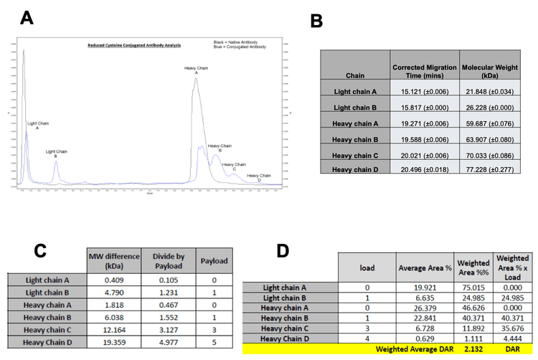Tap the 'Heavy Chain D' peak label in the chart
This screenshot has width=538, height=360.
[259, 176]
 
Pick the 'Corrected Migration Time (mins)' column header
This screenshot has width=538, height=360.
[425, 70]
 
